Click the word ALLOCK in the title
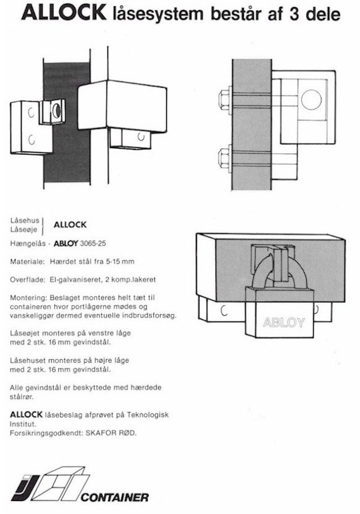point(64,14)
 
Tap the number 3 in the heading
point(294,14)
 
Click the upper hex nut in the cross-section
point(225,100)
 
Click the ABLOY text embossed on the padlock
point(283,323)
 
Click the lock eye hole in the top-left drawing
point(56,110)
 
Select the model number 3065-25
point(93,244)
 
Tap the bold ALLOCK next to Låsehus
point(70,225)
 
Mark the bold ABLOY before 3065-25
point(65,244)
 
